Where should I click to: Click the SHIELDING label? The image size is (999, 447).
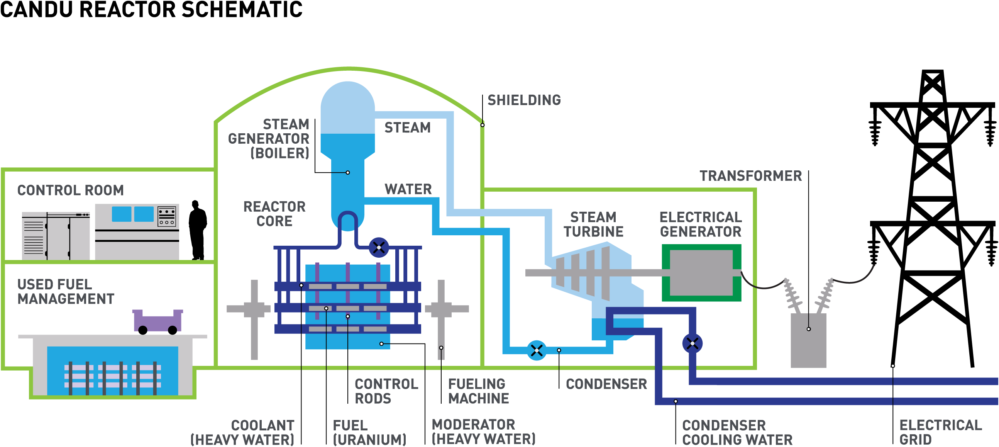[x=524, y=100]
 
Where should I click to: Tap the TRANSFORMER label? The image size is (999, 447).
[x=750, y=176]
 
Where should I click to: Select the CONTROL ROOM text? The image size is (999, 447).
[x=71, y=190]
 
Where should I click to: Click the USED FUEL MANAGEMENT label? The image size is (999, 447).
[x=66, y=292]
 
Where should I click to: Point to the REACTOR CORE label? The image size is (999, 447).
[x=274, y=214]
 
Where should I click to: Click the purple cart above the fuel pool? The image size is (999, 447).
[x=157, y=321]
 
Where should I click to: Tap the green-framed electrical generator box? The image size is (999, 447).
[x=701, y=273]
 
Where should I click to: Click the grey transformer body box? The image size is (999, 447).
[x=808, y=340]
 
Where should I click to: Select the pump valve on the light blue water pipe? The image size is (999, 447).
[x=537, y=351]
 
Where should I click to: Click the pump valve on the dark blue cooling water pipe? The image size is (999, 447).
[x=692, y=343]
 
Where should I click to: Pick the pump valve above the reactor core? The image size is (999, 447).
[x=379, y=248]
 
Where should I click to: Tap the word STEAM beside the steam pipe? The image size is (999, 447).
[x=407, y=127]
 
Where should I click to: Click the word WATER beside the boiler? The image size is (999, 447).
[x=408, y=189]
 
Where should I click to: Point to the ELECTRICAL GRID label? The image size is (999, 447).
[x=940, y=432]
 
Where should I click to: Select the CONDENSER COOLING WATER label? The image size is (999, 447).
[x=737, y=432]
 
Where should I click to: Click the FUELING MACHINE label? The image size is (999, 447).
[x=478, y=391]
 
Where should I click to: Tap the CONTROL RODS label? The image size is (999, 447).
[x=386, y=391]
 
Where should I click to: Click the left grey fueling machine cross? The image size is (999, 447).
[x=254, y=309]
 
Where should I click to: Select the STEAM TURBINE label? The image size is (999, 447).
[x=593, y=224]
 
